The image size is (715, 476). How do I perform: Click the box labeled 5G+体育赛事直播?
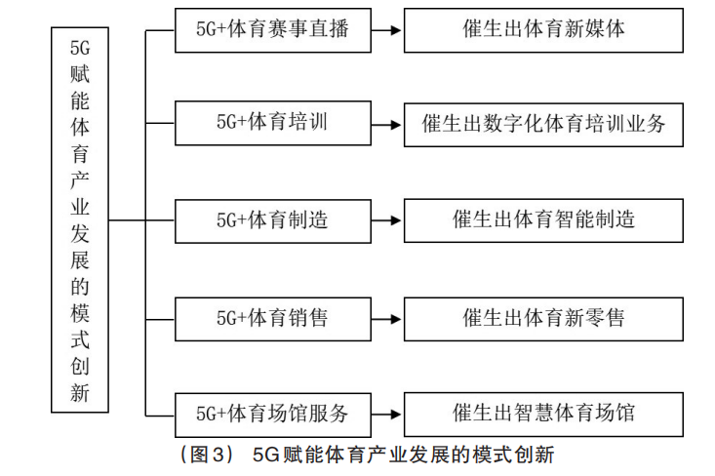point(273,30)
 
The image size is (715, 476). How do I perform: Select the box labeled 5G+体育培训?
point(273,123)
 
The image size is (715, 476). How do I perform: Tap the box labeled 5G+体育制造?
point(273,221)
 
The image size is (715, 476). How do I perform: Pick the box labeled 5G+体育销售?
point(273,319)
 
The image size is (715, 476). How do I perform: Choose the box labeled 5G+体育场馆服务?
point(273,415)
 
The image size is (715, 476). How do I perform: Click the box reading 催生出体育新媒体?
point(543,30)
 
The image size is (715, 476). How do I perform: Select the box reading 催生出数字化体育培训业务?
point(543,125)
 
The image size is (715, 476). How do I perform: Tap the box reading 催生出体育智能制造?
point(543,220)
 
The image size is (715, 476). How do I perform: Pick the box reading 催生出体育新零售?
point(543,319)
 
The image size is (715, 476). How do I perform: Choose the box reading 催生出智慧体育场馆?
point(543,415)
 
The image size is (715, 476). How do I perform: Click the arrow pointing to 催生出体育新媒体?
point(386,30)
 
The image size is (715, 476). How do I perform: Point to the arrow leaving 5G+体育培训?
point(386,125)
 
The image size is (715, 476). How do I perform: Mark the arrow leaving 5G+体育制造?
point(386,220)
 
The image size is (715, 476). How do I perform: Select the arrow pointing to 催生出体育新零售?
point(386,319)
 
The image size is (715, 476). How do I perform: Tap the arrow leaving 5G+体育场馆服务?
point(386,415)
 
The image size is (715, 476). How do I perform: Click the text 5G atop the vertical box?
point(80,48)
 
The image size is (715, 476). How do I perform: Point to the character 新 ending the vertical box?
point(80,392)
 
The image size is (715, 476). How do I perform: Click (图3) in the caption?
point(208,455)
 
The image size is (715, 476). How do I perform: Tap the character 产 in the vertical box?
point(80,180)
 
